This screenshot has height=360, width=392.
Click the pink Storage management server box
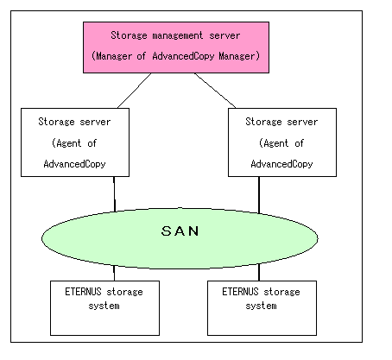tap(176, 47)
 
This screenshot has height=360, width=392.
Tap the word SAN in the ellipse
tap(180, 231)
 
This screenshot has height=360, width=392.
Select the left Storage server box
tap(75, 142)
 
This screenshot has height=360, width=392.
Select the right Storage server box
tap(282, 142)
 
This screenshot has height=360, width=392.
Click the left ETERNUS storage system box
tap(104, 308)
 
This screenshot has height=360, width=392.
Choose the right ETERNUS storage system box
tap(262, 308)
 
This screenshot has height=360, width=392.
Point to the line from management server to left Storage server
tap(135, 91)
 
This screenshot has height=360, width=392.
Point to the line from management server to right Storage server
tap(215, 91)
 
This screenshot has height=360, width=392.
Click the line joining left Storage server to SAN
tap(114, 194)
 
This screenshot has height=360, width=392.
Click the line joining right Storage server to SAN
tap(259, 195)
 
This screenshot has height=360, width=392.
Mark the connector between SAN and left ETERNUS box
tap(114, 273)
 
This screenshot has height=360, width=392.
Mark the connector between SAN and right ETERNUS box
tap(259, 272)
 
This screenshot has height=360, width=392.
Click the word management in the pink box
tap(178, 35)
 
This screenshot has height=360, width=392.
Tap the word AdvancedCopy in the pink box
tap(183, 56)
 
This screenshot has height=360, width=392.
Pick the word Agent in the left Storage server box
tap(69, 143)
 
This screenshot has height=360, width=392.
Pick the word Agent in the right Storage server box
tap(276, 143)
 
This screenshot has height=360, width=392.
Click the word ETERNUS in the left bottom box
tap(83, 292)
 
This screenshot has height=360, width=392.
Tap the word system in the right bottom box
tap(261, 306)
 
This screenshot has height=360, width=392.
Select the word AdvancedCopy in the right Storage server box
tap(281, 164)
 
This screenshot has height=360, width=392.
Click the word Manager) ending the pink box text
tap(239, 56)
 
